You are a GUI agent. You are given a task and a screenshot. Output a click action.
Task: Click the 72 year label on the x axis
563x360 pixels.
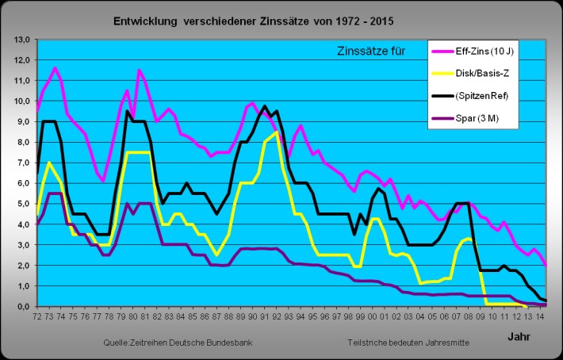(37, 318)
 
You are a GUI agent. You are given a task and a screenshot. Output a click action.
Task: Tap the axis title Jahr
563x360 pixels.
(520, 336)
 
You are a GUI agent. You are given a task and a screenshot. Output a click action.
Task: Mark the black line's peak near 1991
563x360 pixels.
(265, 106)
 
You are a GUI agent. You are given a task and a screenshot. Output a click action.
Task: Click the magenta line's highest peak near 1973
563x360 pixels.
(55, 69)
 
